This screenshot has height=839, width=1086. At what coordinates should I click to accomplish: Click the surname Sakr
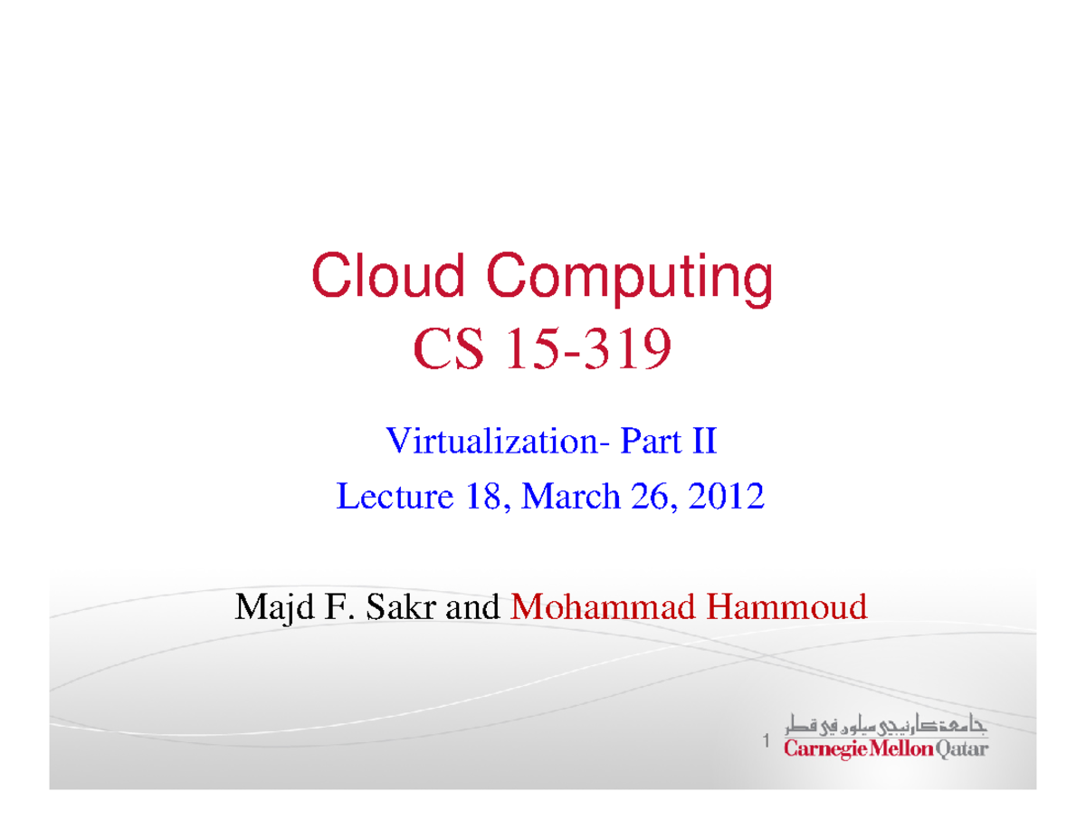(x=403, y=606)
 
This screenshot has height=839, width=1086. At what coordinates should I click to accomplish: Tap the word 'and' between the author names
(x=474, y=606)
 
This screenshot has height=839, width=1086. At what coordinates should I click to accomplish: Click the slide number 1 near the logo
(x=765, y=743)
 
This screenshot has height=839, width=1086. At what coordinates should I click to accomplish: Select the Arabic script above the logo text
(x=886, y=727)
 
